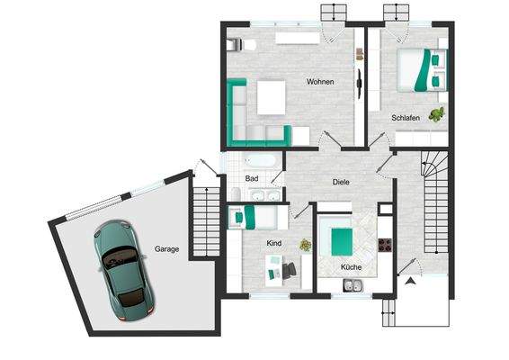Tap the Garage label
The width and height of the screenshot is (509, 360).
click(166, 248)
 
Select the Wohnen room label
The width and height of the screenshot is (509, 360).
click(319, 83)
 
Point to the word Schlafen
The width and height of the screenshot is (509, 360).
click(406, 118)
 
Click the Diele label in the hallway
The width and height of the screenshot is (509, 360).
click(341, 183)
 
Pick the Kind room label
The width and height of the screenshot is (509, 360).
click(274, 243)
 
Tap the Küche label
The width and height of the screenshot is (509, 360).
click(351, 268)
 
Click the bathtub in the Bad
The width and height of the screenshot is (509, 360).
click(263, 161)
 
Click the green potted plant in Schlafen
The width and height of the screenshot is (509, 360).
click(437, 113)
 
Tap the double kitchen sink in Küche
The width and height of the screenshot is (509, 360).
click(352, 286)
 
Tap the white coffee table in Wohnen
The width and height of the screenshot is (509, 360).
click(272, 97)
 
